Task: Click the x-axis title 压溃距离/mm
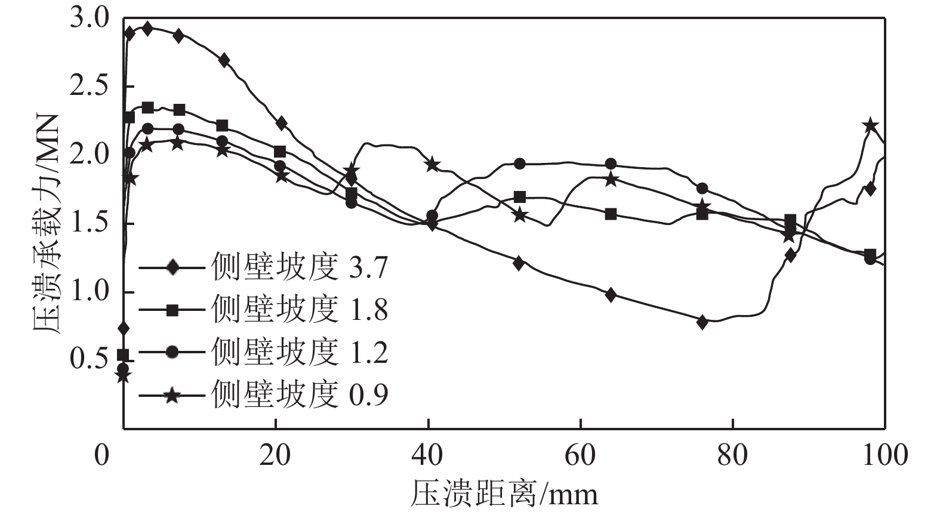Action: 503,494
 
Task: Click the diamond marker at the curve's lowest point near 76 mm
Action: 702,322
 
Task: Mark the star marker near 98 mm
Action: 870,125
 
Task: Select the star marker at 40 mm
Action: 433,164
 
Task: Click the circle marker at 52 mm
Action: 519,164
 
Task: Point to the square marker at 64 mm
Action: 611,214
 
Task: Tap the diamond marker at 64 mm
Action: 611,294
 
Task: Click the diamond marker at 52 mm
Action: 519,263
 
